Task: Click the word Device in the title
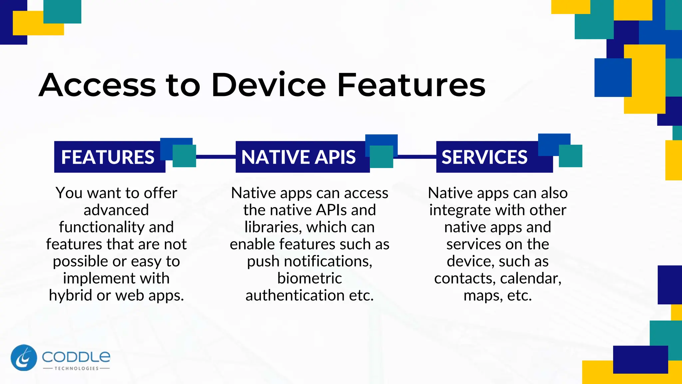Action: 268,85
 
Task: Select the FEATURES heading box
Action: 108,157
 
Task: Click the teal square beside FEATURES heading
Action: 184,156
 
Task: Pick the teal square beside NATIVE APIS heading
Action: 381,157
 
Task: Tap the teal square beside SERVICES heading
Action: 570,156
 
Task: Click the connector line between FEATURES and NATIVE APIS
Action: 216,156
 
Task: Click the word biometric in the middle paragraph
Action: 309,278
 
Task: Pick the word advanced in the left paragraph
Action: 116,210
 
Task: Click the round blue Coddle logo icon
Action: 24,358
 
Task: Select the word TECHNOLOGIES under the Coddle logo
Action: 77,368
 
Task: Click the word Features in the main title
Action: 411,85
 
